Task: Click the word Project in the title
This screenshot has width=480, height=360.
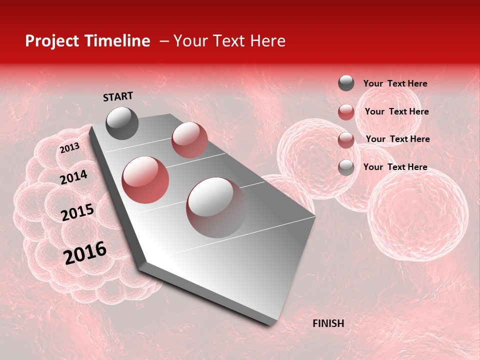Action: (x=51, y=41)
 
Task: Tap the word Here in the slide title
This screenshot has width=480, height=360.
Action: (x=267, y=41)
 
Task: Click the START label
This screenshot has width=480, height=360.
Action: (x=118, y=96)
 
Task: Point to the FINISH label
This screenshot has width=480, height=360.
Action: (x=328, y=323)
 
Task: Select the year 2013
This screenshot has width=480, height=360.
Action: (x=69, y=148)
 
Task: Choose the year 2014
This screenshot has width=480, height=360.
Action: (x=73, y=177)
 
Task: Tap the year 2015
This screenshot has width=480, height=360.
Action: (x=77, y=212)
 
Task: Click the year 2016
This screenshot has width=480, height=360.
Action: (x=85, y=253)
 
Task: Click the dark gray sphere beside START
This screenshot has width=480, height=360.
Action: (x=122, y=123)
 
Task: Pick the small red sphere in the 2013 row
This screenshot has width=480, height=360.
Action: (x=189, y=139)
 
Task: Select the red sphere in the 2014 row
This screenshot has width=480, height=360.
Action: (x=145, y=179)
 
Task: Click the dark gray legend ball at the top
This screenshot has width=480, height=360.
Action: (x=346, y=83)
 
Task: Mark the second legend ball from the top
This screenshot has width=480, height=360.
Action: (x=346, y=112)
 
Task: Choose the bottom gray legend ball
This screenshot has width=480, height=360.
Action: (x=346, y=167)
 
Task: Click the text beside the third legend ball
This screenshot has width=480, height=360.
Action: (x=397, y=139)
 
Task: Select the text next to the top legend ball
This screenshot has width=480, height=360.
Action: (x=395, y=83)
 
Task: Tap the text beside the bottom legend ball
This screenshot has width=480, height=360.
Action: (x=395, y=167)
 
